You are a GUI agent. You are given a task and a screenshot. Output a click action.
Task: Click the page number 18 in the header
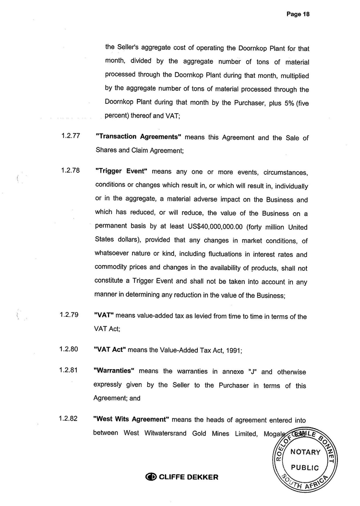[306, 14]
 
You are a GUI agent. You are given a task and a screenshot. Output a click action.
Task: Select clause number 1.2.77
[70, 136]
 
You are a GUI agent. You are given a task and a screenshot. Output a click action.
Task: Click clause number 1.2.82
[69, 419]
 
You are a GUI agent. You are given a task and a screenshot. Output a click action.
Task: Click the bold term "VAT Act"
[109, 350]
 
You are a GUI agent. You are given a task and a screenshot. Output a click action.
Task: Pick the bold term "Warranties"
[114, 372]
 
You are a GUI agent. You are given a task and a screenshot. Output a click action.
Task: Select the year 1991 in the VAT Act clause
[233, 350]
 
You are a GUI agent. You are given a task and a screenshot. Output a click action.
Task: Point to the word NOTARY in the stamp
[305, 452]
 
